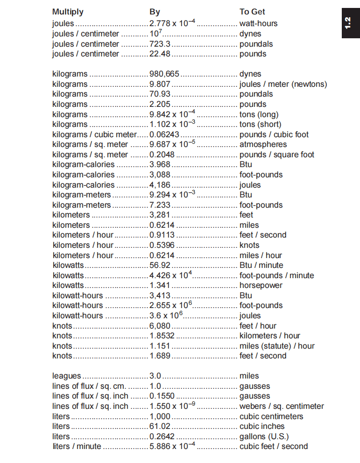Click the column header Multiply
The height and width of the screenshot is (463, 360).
pyautogui.click(x=68, y=12)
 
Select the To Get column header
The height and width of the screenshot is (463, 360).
pyautogui.click(x=252, y=12)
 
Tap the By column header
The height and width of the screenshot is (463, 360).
pyautogui.click(x=155, y=12)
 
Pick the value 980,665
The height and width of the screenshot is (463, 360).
pyautogui.click(x=164, y=74)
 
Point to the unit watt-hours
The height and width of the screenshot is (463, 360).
pyautogui.click(x=258, y=23)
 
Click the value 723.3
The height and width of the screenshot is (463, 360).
pyautogui.click(x=160, y=44)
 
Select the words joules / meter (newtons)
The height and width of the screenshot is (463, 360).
pyautogui.click(x=283, y=84)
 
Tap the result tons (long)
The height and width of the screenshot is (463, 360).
pyautogui.click(x=259, y=114)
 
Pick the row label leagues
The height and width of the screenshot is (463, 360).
pyautogui.click(x=66, y=376)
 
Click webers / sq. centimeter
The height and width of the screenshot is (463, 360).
pyautogui.click(x=282, y=406)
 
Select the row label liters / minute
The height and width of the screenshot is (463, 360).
pyautogui.click(x=77, y=446)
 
